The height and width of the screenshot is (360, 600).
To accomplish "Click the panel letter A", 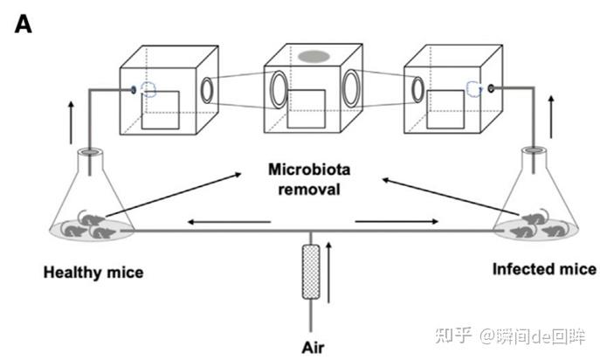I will [x=23, y=24].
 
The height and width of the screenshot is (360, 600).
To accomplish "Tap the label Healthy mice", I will [x=93, y=273].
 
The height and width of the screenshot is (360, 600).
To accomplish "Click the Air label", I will [x=312, y=347].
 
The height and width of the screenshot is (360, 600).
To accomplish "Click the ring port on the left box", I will [x=209, y=90].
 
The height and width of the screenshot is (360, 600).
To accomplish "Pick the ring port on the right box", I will [x=418, y=89].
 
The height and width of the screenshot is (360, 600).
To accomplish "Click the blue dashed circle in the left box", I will [x=150, y=89].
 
